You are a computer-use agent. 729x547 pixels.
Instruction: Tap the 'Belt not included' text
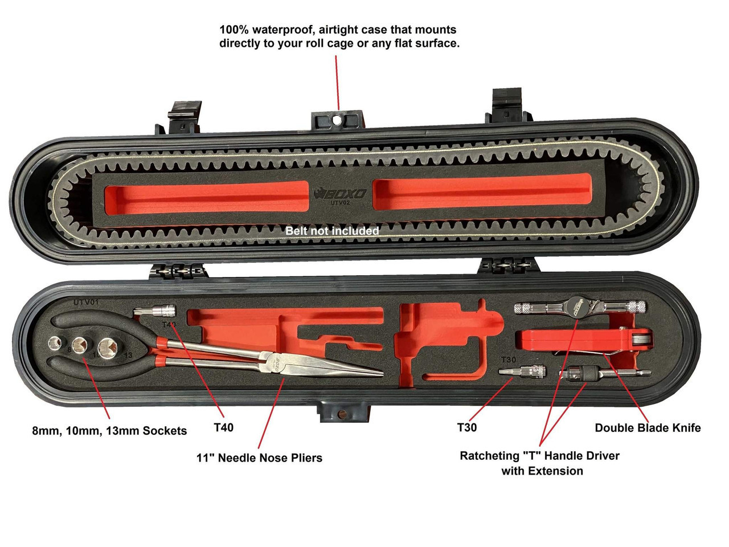(332, 231)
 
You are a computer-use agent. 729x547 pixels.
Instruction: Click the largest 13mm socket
(107, 348)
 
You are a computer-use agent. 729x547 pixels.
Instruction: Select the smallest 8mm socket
(55, 344)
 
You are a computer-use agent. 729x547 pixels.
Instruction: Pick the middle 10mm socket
(79, 346)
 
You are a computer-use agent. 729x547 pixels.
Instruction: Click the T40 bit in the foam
(155, 312)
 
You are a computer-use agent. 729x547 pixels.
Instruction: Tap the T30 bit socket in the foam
(522, 372)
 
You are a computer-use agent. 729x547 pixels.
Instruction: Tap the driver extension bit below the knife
(604, 374)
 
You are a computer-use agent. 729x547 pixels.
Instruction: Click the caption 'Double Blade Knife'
(648, 428)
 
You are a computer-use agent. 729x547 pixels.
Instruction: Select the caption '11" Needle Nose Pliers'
(259, 458)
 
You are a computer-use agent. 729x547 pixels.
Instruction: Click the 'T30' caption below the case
(466, 427)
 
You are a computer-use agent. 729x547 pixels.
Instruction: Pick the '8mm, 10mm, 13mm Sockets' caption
(109, 431)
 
